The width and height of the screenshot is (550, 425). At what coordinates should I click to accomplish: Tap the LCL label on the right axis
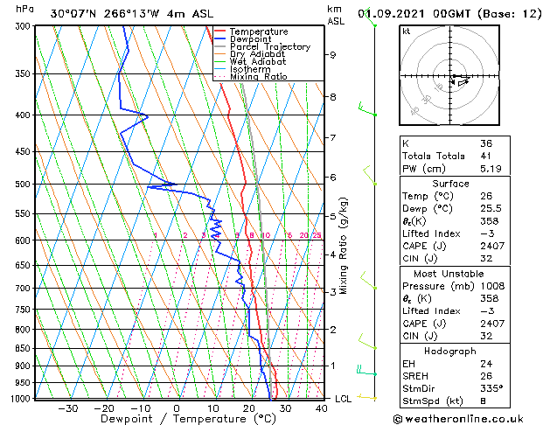(344, 399)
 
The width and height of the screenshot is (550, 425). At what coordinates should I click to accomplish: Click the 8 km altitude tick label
(333, 97)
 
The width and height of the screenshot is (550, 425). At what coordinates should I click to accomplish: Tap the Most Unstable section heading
(449, 274)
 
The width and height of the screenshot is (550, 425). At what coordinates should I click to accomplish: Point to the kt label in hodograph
(407, 31)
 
